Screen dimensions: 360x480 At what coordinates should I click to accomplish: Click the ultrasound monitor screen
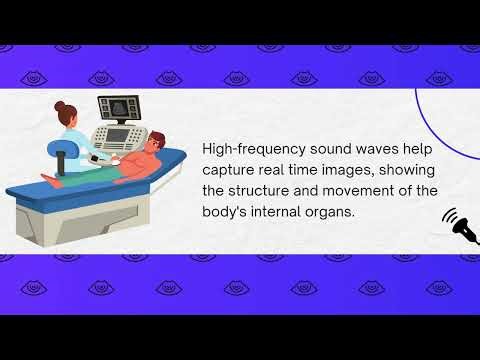(117, 107)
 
